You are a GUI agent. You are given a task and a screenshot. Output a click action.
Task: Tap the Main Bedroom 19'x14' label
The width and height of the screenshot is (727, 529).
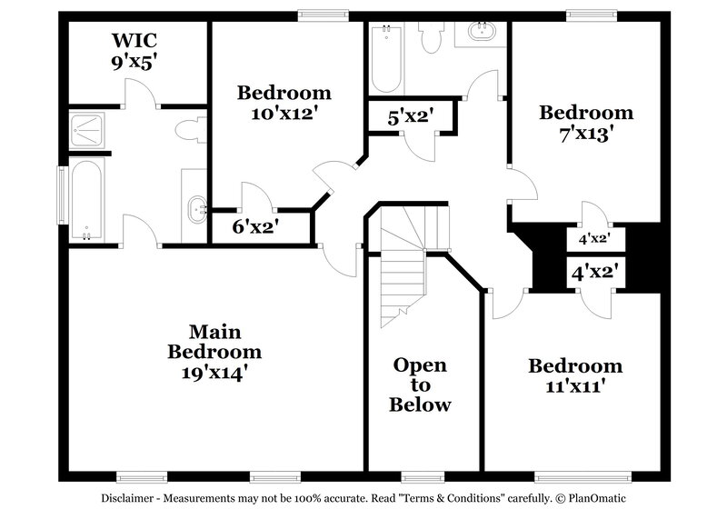[214, 351]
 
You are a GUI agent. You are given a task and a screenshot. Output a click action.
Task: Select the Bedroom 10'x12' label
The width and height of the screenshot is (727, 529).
[284, 103]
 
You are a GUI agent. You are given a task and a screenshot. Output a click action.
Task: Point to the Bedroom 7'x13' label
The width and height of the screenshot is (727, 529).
[586, 123]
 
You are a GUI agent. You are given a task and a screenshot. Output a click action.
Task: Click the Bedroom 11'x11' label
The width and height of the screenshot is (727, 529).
[575, 376]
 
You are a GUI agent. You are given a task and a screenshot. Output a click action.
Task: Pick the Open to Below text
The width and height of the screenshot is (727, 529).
[420, 384]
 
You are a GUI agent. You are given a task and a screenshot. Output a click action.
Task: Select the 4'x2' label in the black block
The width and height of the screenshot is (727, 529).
[593, 240]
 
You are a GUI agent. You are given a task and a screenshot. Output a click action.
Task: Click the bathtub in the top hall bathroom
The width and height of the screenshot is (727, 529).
[386, 58]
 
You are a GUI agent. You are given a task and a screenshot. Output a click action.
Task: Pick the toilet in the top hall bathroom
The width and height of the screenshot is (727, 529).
[432, 37]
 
